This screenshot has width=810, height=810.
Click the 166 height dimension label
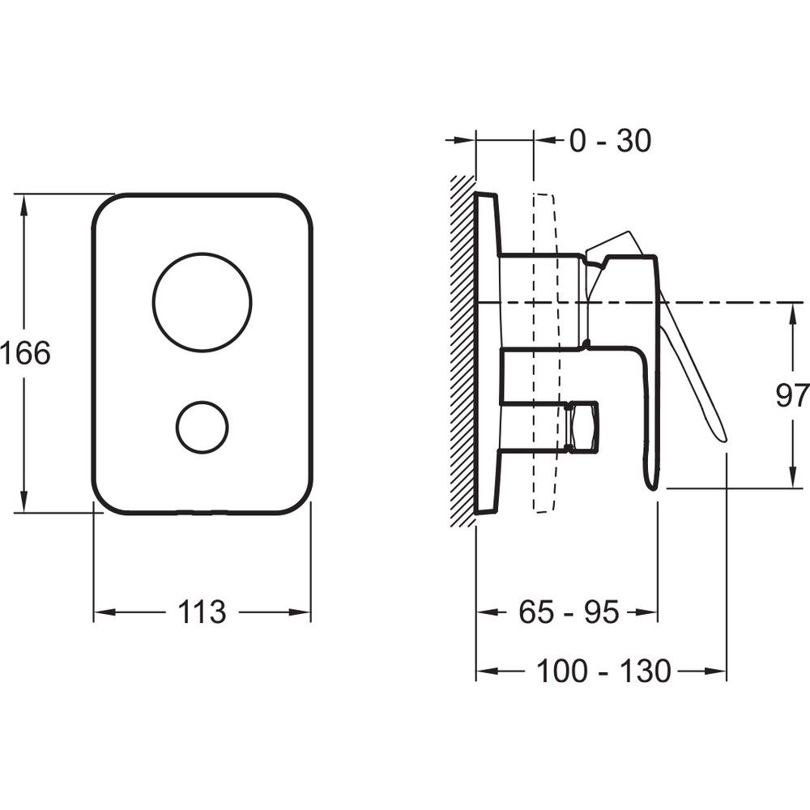click(x=26, y=353)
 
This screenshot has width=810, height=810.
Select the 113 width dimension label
click(x=202, y=612)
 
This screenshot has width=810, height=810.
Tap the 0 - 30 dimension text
click(x=610, y=140)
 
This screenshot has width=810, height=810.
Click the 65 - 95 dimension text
click(x=569, y=612)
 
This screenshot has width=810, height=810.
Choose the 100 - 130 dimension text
click(x=604, y=671)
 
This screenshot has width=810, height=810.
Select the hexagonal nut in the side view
click(x=582, y=427)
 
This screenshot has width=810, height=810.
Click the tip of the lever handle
click(x=723, y=439)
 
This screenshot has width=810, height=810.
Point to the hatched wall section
click(x=463, y=352)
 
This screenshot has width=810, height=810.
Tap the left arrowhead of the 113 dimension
click(x=104, y=612)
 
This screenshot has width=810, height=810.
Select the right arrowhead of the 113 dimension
click(x=300, y=612)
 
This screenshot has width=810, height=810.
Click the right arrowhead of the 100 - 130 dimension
click(x=715, y=671)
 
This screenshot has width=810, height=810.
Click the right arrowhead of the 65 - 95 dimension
click(x=646, y=612)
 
